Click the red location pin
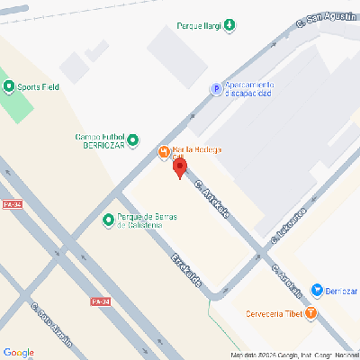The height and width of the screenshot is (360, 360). click(179, 167)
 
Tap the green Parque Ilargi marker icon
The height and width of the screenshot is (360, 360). click(229, 25)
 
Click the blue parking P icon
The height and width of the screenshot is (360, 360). click(216, 88)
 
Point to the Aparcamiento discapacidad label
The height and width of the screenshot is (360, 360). click(248, 88)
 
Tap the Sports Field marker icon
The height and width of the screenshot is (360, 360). click(10, 87)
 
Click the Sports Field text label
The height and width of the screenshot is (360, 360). click(39, 87)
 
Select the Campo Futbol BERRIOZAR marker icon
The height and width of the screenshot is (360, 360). click(133, 139)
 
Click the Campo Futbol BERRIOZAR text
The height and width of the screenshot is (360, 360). click(100, 140)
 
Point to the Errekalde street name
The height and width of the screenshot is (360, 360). click(186, 271)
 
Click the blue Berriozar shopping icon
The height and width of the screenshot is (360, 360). click(317, 290)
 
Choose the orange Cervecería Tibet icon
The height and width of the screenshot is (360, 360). click(311, 313)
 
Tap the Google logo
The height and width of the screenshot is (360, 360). click(19, 352)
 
